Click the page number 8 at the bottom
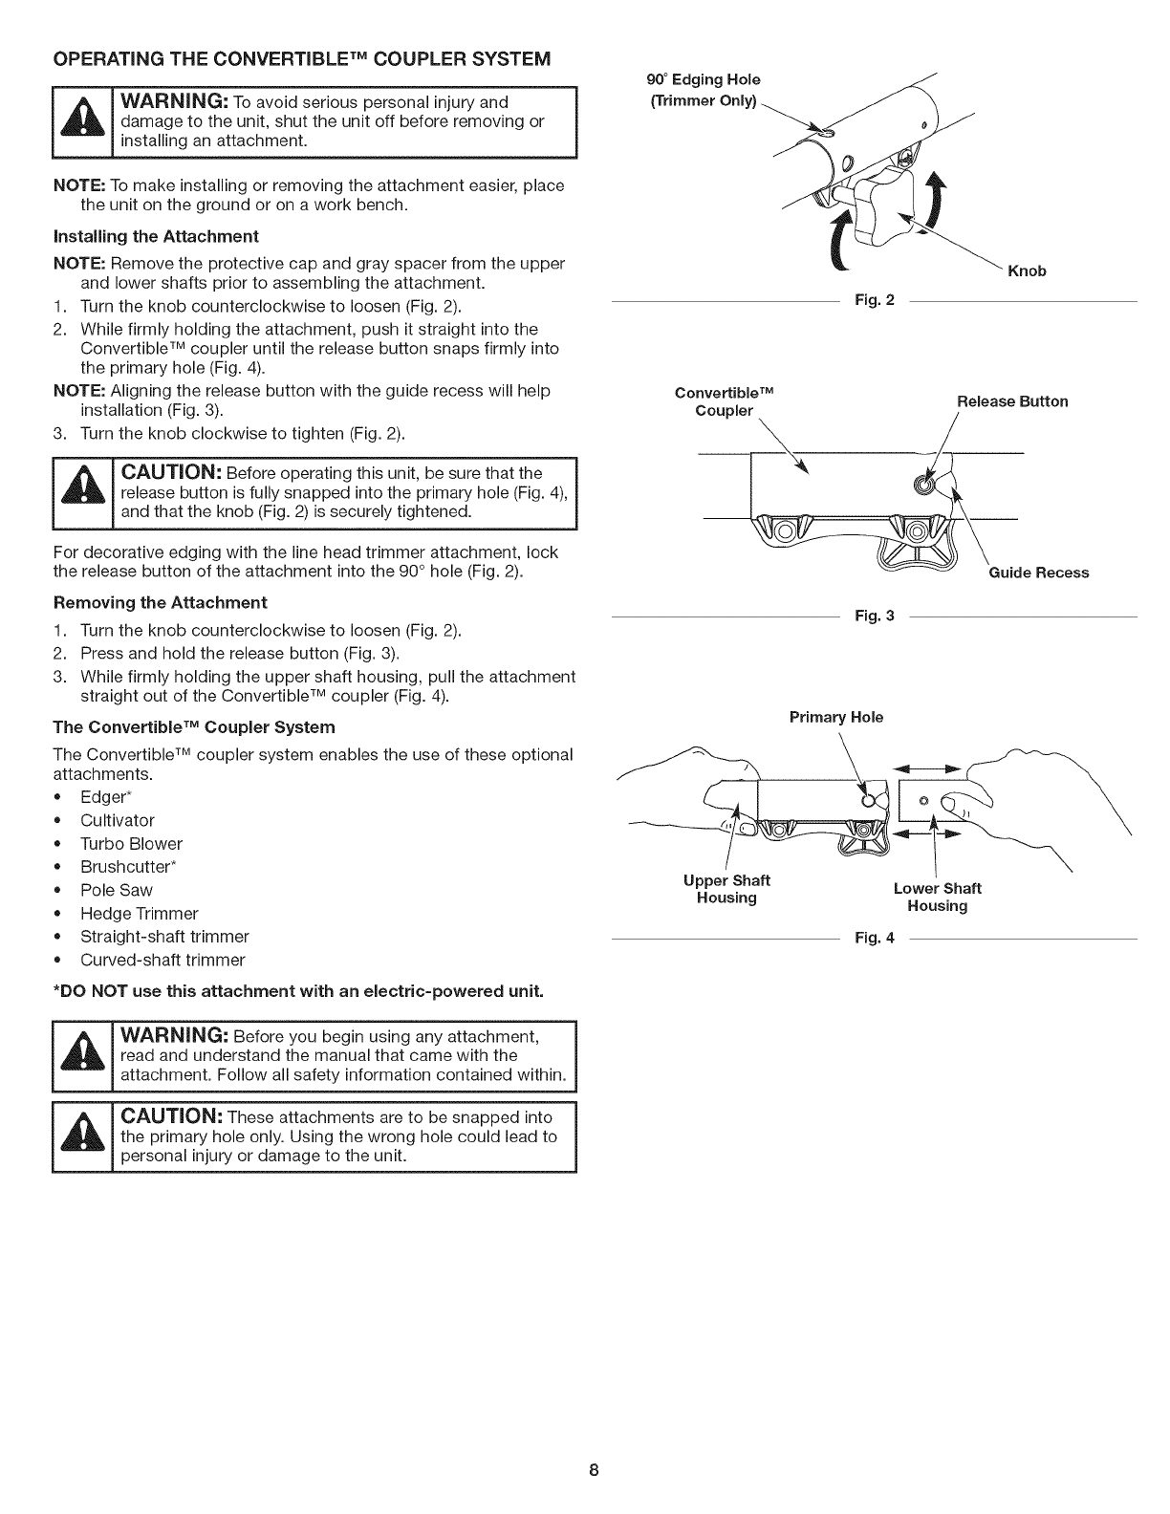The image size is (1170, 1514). (593, 1470)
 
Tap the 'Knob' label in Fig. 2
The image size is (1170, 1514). (1027, 270)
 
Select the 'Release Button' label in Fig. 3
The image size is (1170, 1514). (1012, 401)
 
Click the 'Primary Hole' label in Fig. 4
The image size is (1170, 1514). (836, 717)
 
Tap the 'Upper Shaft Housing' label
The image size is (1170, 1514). (726, 889)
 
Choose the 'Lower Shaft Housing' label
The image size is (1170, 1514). (937, 897)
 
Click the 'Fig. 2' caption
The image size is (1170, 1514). (874, 301)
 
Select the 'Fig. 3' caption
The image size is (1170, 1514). (874, 616)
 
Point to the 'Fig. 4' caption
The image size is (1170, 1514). (874, 938)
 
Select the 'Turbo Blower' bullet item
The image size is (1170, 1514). (131, 844)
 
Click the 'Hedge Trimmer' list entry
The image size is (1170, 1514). (139, 914)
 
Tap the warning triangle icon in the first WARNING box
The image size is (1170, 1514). (83, 121)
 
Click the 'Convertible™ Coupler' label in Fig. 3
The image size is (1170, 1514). (724, 402)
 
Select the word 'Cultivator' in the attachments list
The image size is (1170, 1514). (117, 820)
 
